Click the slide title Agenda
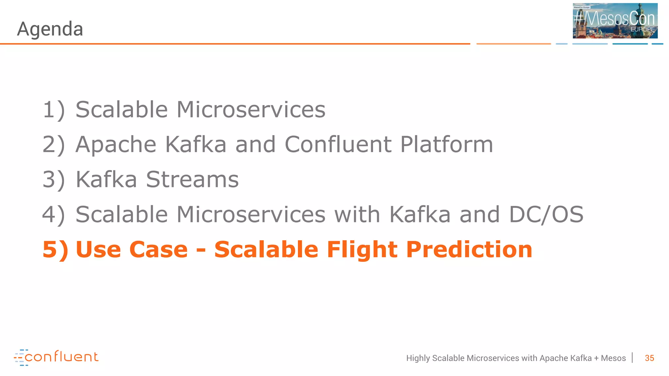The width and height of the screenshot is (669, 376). [x=50, y=29]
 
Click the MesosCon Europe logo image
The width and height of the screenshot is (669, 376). [x=615, y=21]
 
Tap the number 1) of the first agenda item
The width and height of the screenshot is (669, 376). [x=54, y=110]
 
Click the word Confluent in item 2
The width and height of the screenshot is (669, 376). [x=338, y=145]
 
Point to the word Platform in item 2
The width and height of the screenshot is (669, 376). [x=447, y=145]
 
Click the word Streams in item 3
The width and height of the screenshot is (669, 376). [x=192, y=180]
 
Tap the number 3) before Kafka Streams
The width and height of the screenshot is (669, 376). [x=54, y=180]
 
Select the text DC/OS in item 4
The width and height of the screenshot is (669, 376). [x=546, y=214]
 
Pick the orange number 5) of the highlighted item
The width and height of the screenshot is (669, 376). [x=55, y=250]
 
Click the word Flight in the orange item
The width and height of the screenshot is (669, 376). [x=362, y=250]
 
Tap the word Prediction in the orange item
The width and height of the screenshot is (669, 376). [x=469, y=250]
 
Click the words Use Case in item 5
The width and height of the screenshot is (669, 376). [x=132, y=250]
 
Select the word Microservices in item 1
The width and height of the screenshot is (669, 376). [x=251, y=110]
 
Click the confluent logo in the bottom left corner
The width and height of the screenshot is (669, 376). [x=56, y=357]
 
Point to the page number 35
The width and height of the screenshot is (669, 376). [x=649, y=358]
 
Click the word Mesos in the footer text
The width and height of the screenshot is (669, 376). [x=613, y=358]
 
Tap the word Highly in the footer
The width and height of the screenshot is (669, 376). [x=418, y=358]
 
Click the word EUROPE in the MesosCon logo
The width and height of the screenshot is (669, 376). [x=642, y=29]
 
